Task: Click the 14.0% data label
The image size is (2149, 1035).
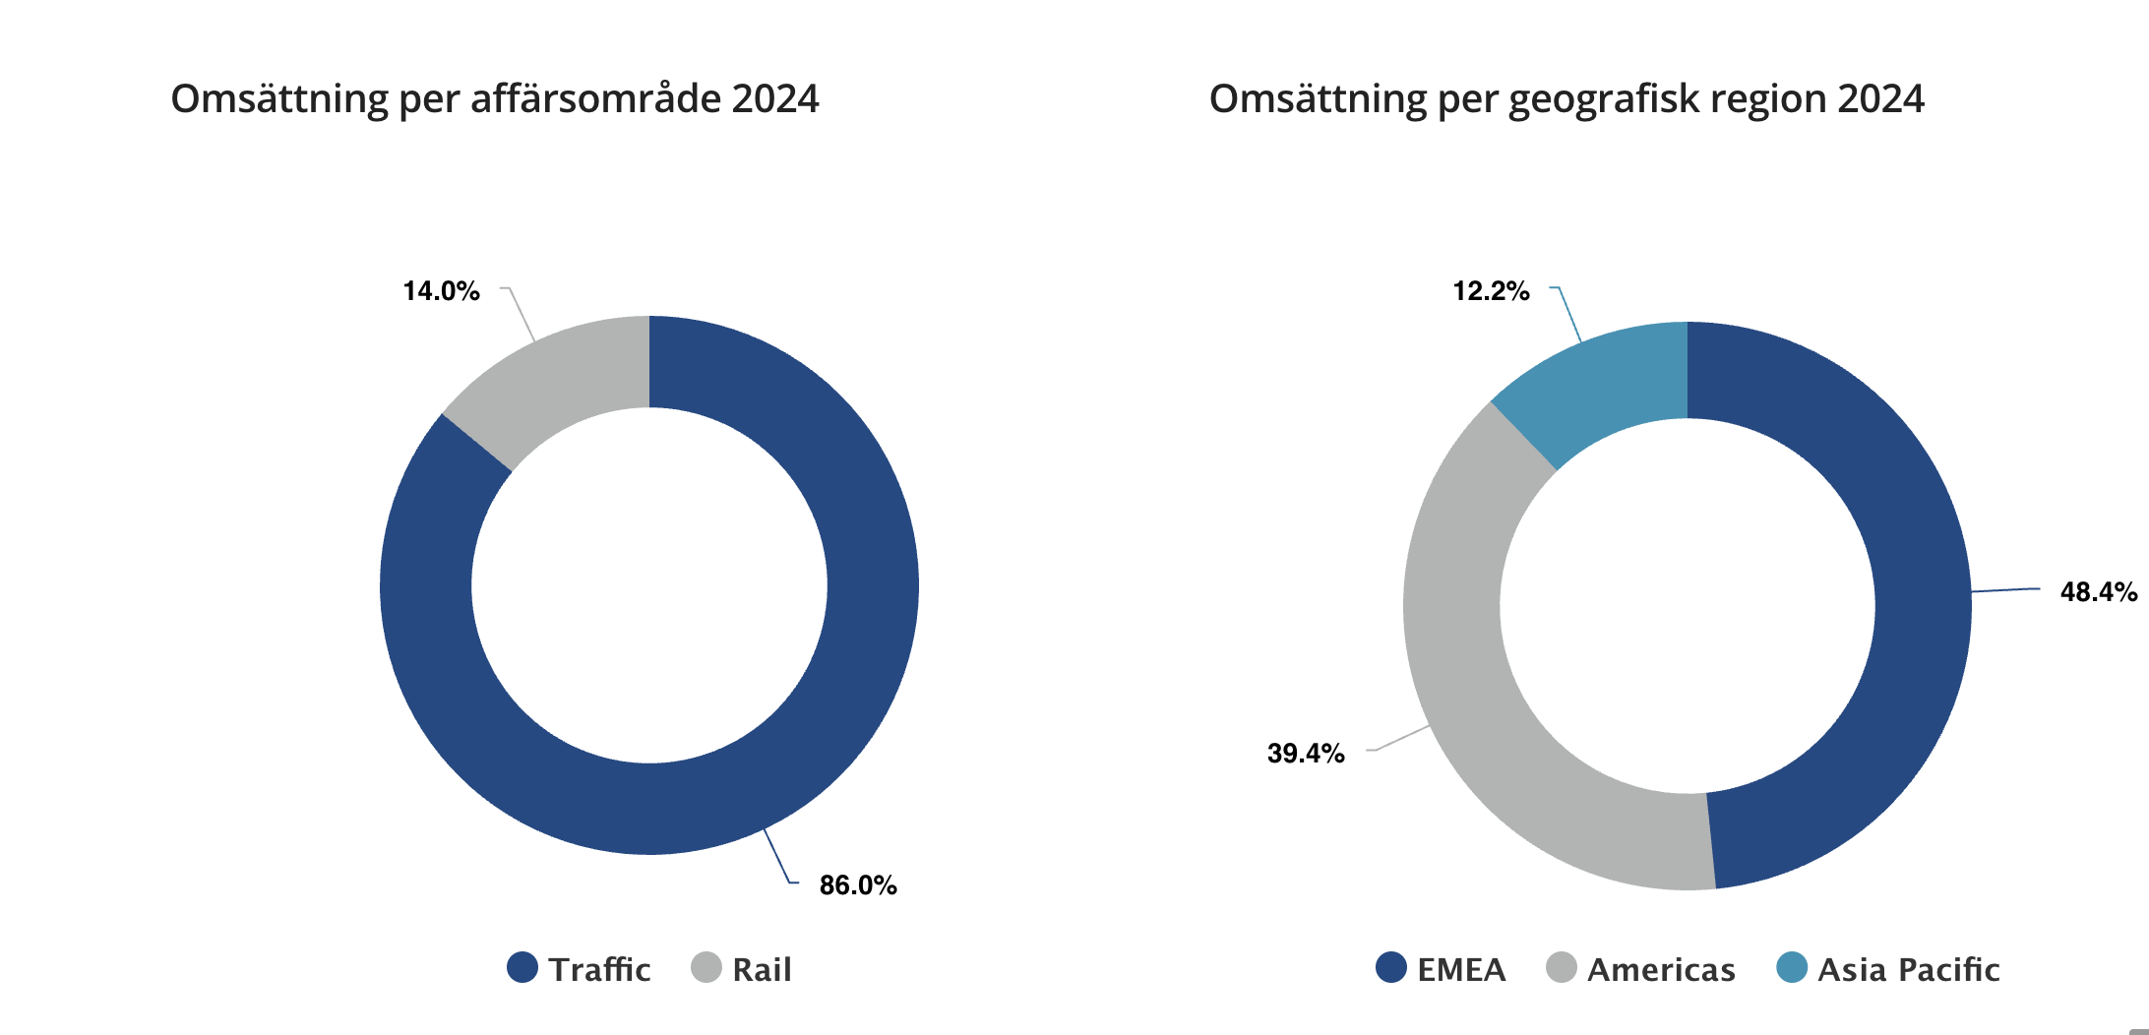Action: click(x=442, y=291)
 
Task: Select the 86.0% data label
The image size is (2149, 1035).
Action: click(x=858, y=885)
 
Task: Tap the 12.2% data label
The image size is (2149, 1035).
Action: click(x=1491, y=291)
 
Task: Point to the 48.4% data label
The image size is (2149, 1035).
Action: click(x=2098, y=592)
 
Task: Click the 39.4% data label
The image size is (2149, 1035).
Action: click(x=1306, y=754)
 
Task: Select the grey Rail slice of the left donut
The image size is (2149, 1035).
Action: click(x=551, y=379)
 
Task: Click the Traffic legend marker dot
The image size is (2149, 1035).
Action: click(x=522, y=968)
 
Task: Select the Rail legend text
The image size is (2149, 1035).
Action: click(x=762, y=970)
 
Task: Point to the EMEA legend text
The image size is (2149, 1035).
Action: click(x=1461, y=970)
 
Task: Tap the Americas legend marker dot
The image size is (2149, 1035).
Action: click(x=1562, y=968)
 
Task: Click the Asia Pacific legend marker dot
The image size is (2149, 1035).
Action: click(x=1792, y=968)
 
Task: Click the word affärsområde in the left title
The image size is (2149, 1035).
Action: click(x=595, y=99)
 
